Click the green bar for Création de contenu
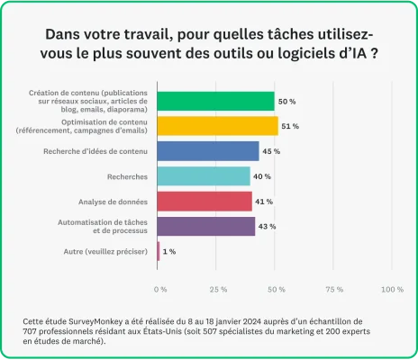pyautogui.click(x=215, y=101)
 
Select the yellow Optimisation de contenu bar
pyautogui.click(x=217, y=126)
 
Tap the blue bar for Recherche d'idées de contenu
pyautogui.click(x=208, y=151)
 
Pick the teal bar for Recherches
pyautogui.click(x=204, y=176)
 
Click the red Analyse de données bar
pyautogui.click(x=204, y=201)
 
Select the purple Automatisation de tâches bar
pyautogui.click(x=206, y=226)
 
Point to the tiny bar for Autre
pyautogui.click(x=159, y=251)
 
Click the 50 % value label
pyautogui.click(x=287, y=101)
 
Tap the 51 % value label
pyautogui.click(x=290, y=126)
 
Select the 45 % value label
pyautogui.click(x=271, y=151)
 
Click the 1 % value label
pyautogui.click(x=169, y=251)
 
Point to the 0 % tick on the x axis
pyautogui.click(x=160, y=289)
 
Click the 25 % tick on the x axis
pyautogui.click(x=217, y=289)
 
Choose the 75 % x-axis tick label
pyautogui.click(x=334, y=289)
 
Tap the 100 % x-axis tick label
pyautogui.click(x=392, y=289)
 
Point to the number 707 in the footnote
pyautogui.click(x=33, y=331)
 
